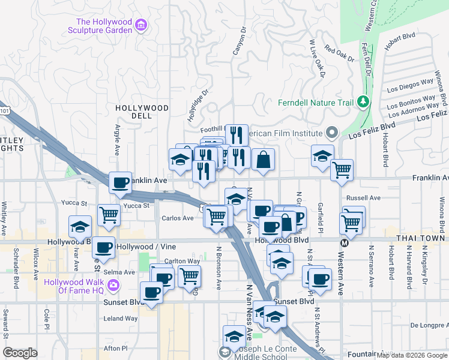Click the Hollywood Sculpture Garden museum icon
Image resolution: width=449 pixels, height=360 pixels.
coord(141,25)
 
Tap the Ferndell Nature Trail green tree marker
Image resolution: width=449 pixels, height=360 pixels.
coord(362,102)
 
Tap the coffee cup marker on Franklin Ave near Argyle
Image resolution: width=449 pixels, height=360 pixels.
coord(120,182)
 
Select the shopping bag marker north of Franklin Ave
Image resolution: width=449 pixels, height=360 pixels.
coord(263,160)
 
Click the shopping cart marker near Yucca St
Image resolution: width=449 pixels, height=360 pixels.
coord(109,215)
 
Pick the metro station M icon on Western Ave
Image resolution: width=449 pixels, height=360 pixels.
coord(345,243)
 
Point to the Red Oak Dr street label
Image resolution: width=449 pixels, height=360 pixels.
coord(339,54)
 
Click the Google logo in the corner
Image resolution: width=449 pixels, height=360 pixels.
coord(20,353)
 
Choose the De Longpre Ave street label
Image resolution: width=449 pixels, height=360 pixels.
coord(429,325)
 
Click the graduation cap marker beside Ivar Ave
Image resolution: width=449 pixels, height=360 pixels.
coord(80,227)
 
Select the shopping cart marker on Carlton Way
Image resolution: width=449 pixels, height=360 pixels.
coord(189,276)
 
